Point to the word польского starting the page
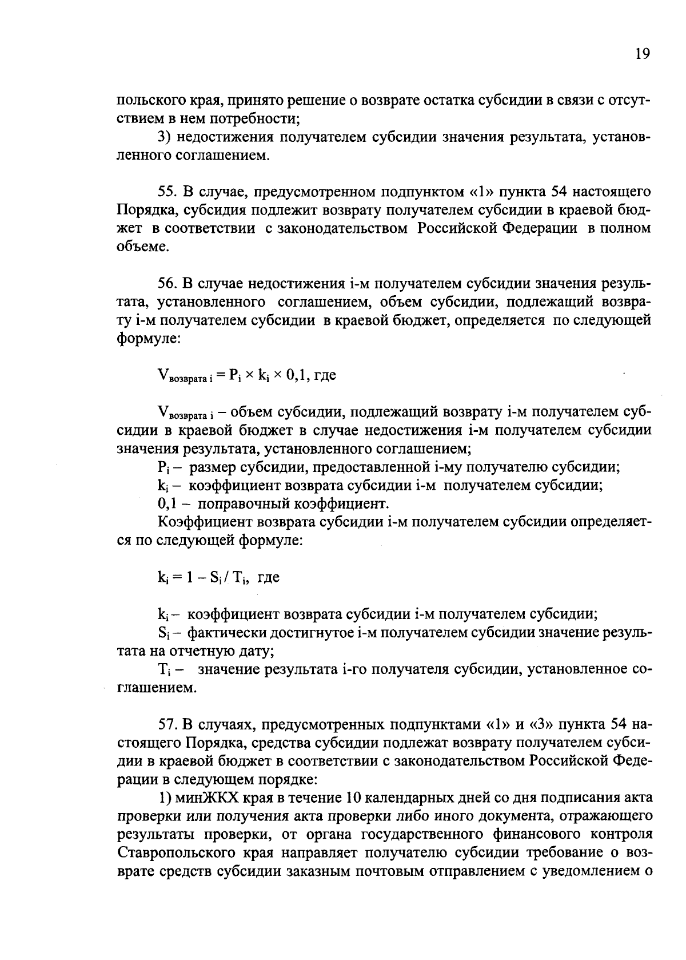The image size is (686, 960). click(148, 101)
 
